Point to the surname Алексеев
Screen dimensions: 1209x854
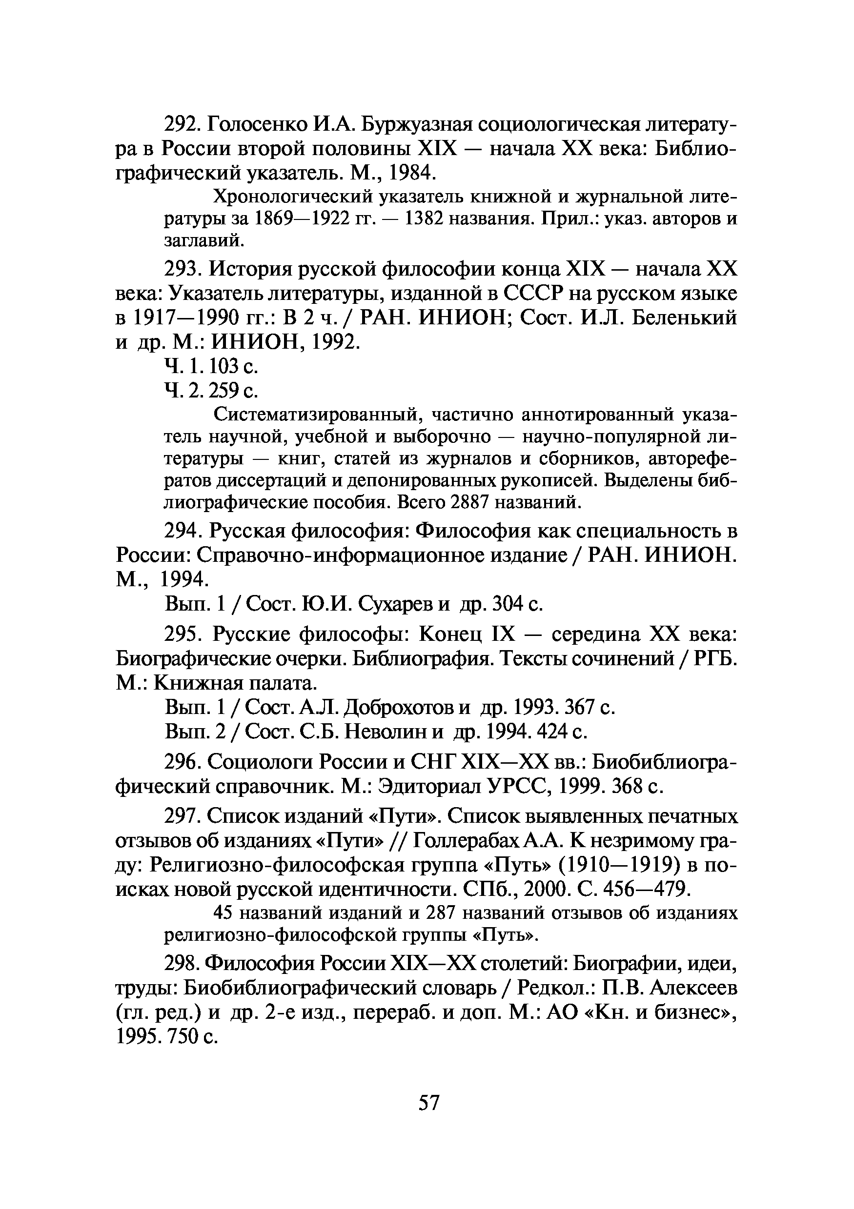click(x=693, y=987)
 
